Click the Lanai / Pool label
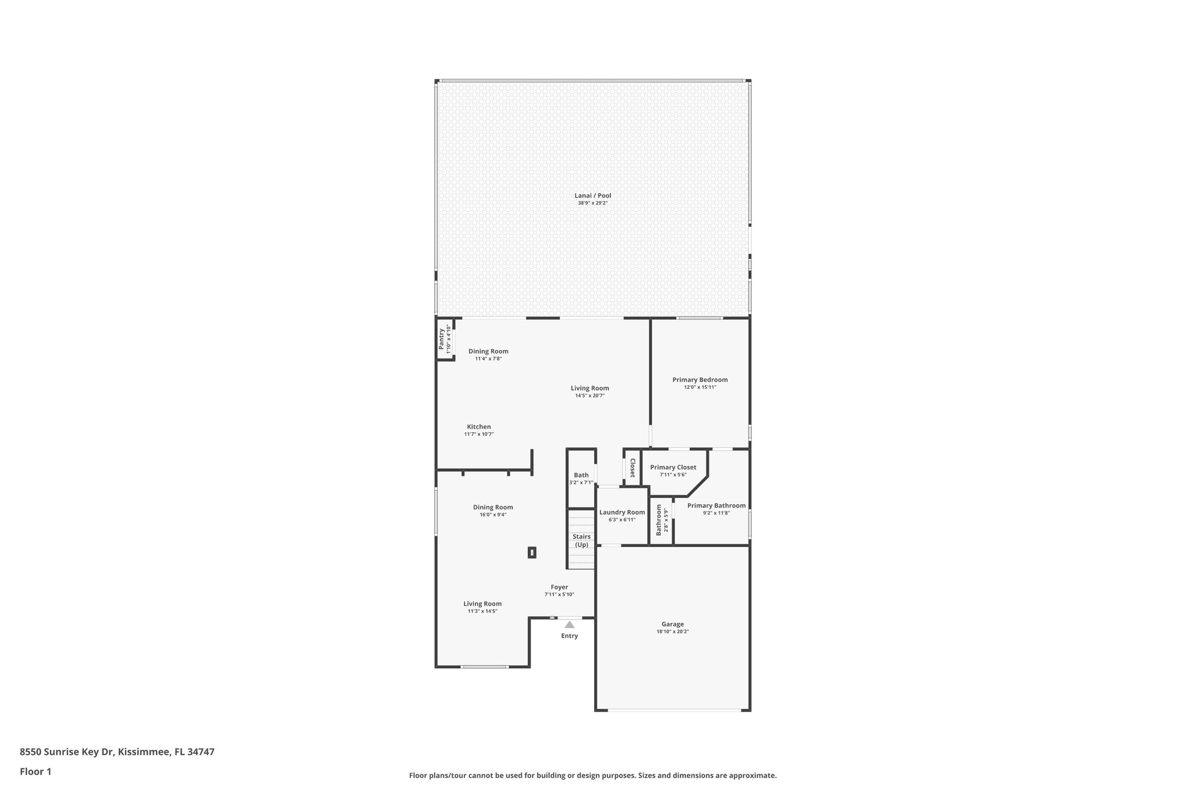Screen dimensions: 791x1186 (x=592, y=196)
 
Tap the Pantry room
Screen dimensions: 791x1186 (x=444, y=339)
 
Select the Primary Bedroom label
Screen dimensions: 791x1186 (x=700, y=380)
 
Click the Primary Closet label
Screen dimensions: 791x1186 (x=673, y=468)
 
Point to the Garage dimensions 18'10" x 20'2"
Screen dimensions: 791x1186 (x=672, y=632)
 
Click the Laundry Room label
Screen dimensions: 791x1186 (x=622, y=512)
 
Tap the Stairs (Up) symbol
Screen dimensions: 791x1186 (x=581, y=540)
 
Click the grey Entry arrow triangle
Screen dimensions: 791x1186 (x=569, y=625)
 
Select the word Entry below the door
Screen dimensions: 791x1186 (x=569, y=636)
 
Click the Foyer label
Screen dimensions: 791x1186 (x=559, y=587)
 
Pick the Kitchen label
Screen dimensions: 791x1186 (x=479, y=427)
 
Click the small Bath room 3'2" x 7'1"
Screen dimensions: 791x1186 (x=581, y=478)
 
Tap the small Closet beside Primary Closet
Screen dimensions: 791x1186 (x=632, y=467)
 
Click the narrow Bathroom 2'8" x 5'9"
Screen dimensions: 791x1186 (x=661, y=520)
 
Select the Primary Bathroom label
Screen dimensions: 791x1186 (x=716, y=506)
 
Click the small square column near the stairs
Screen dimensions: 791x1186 (x=532, y=552)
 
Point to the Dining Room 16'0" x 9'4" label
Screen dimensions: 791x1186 (x=493, y=508)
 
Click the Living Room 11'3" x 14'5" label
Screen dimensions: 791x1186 (x=482, y=604)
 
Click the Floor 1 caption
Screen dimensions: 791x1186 (x=35, y=772)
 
